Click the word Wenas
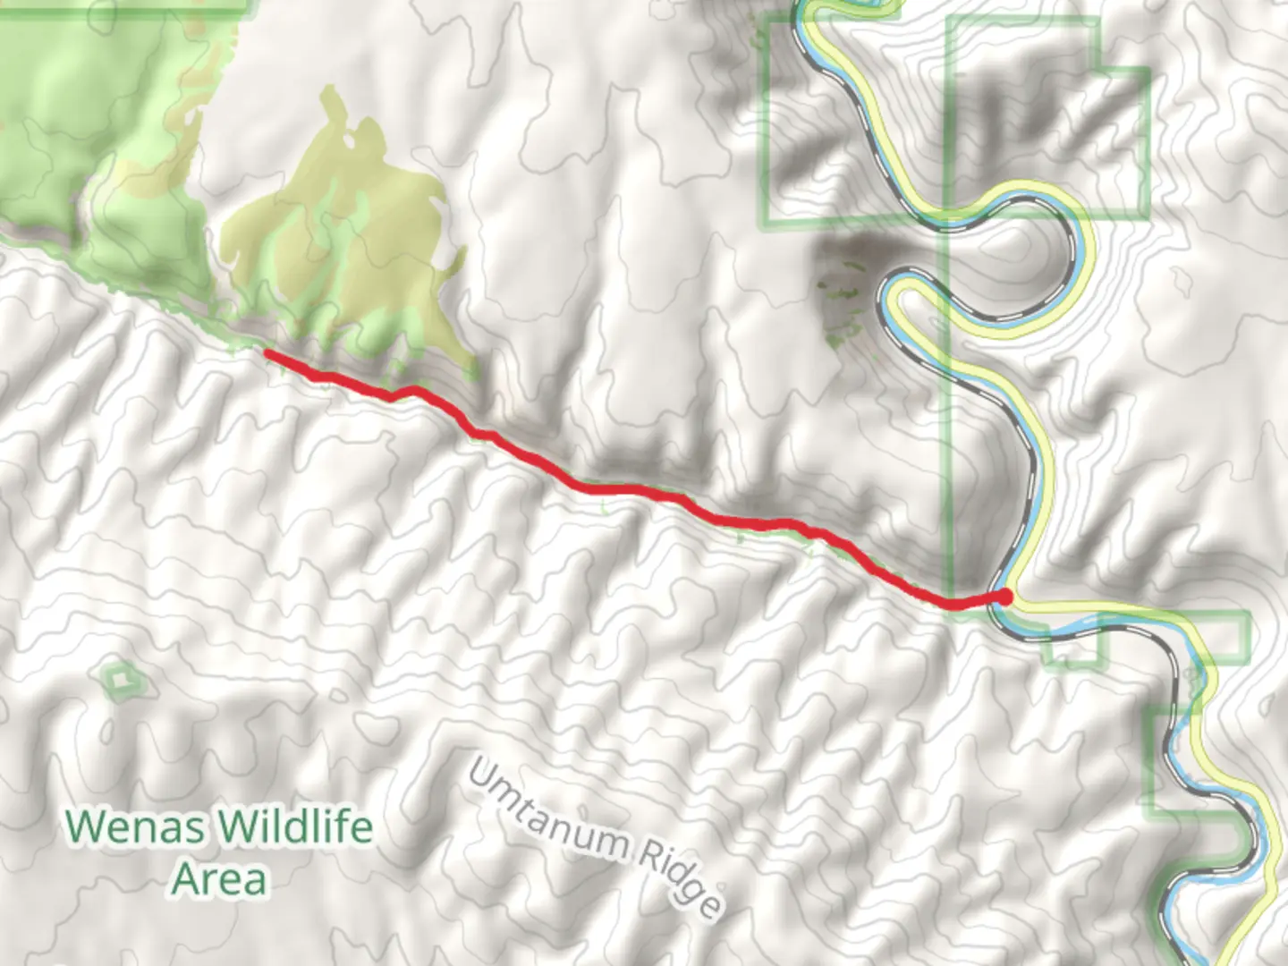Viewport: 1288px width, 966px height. coord(132,826)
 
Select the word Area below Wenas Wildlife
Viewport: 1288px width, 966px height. coord(219,879)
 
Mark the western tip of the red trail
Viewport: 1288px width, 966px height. coord(267,353)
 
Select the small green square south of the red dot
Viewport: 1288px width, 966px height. coord(1072,647)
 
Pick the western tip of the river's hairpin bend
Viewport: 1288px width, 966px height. coord(885,295)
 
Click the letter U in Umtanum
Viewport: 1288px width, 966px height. coord(481,776)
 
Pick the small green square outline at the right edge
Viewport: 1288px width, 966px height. coord(1225,637)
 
